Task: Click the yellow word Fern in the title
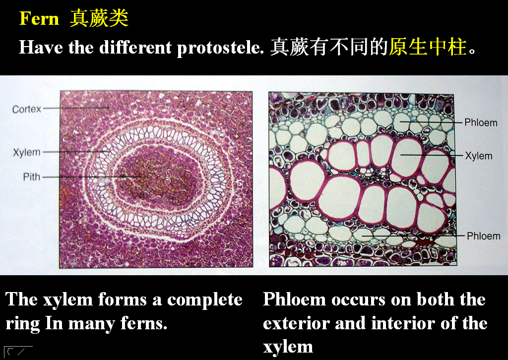(39, 18)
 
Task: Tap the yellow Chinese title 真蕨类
(99, 18)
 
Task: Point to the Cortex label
(27, 109)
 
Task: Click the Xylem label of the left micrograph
(27, 152)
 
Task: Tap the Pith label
(31, 177)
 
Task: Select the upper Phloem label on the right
(481, 122)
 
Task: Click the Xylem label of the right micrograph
(479, 156)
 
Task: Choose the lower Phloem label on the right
(483, 236)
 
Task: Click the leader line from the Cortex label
(76, 108)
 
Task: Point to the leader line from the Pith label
(91, 177)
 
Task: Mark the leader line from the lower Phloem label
(413, 236)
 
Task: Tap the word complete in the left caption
(204, 300)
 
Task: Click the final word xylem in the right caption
(288, 347)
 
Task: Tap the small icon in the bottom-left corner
(18, 351)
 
